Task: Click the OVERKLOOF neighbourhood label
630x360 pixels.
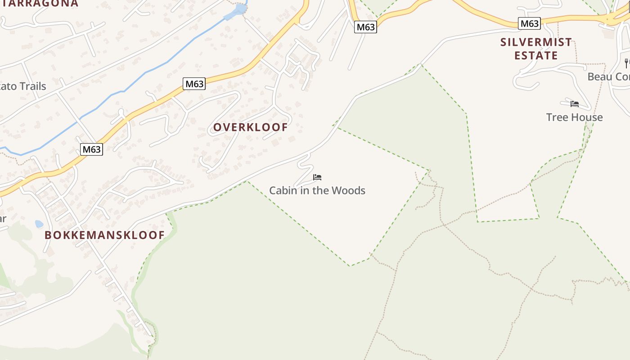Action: [250, 127]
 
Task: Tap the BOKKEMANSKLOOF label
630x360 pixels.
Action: [104, 235]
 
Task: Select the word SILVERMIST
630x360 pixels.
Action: [536, 42]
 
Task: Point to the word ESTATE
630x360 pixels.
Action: [536, 56]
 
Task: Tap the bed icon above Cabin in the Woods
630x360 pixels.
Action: [317, 177]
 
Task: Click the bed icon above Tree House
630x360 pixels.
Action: [575, 104]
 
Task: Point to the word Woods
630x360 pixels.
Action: [350, 191]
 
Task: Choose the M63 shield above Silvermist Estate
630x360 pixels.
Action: [529, 24]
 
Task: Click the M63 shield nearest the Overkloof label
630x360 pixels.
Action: [194, 84]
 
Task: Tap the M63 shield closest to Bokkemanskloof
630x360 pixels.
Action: [92, 149]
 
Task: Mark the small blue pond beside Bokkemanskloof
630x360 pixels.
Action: [39, 224]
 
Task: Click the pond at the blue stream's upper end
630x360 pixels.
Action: [240, 9]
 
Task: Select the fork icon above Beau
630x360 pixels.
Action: [626, 63]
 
